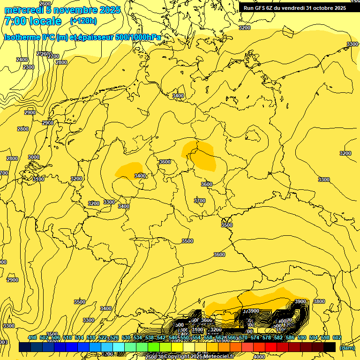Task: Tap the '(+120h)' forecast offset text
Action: [83, 21]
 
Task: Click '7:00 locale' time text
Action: [32, 21]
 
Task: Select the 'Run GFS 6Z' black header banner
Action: [295, 7]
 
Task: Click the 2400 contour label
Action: [22, 60]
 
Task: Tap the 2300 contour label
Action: [29, 67]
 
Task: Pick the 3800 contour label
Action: [319, 301]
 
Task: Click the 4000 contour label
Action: [259, 356]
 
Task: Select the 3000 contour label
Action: [34, 157]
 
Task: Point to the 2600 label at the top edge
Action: [45, 4]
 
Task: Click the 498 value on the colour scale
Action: [32, 337]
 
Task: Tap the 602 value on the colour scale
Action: [337, 337]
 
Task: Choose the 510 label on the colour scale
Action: [67, 337]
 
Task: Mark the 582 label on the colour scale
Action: [278, 337]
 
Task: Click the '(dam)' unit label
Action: [347, 347]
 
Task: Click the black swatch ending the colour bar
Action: [330, 347]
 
